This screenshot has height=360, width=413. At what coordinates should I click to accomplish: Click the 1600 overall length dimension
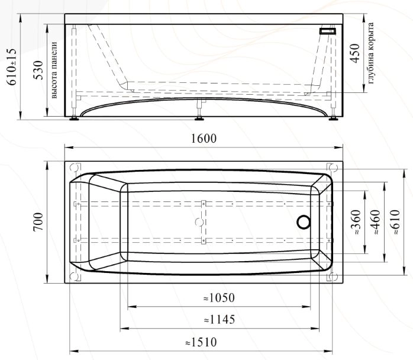(x=204, y=139)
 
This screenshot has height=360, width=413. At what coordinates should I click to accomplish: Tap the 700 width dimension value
(x=38, y=221)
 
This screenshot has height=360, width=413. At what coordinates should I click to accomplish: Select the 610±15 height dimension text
(x=12, y=67)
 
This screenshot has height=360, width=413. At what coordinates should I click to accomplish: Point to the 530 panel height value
(x=38, y=70)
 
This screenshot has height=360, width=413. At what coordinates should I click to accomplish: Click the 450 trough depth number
(x=356, y=53)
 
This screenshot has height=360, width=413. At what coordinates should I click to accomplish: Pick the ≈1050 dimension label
(x=219, y=298)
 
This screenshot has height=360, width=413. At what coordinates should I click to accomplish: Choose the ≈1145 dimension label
(x=220, y=320)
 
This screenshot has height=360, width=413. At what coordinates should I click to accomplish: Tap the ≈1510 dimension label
(x=201, y=342)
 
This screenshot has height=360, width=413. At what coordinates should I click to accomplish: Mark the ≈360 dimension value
(x=356, y=222)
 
